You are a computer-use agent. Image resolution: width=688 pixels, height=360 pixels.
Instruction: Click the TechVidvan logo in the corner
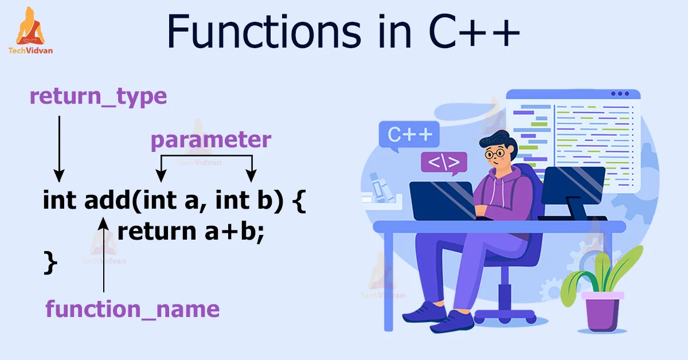[x=30, y=31]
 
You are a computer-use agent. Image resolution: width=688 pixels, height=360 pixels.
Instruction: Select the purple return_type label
[x=98, y=97]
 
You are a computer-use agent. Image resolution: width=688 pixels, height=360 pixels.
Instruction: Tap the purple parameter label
[x=211, y=140]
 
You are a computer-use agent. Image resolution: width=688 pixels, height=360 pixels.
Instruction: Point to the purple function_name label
[x=132, y=310]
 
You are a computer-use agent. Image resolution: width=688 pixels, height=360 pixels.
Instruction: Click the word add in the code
[x=107, y=200]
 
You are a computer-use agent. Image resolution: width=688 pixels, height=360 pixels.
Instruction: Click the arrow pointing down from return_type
[x=59, y=149]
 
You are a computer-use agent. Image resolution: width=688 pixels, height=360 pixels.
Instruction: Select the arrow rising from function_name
[x=104, y=255]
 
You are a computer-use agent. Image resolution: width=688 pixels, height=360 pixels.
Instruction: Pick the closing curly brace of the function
[x=50, y=263]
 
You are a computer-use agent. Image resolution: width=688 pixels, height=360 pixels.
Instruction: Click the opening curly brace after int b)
[x=299, y=201]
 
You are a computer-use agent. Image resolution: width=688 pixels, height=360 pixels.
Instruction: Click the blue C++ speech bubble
[x=409, y=136]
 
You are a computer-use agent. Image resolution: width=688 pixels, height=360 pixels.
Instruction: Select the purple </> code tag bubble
[x=444, y=163]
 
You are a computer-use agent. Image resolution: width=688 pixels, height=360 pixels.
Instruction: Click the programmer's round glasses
[x=495, y=153]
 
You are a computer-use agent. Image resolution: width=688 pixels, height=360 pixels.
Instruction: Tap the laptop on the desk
[x=442, y=200]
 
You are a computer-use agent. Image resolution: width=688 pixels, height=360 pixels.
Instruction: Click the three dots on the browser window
[x=620, y=93]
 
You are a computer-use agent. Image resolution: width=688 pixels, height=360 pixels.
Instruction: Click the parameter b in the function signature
[x=265, y=200]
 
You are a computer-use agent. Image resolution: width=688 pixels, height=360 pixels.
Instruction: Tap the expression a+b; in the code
[x=234, y=232]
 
